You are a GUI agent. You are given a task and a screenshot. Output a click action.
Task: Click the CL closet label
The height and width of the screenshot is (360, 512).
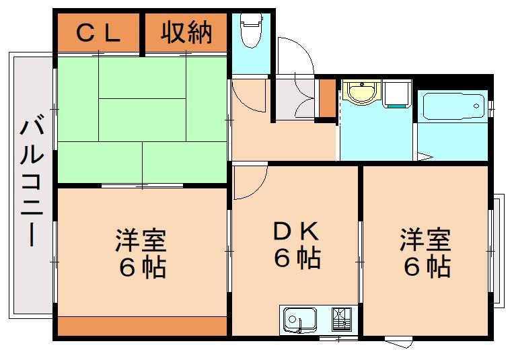click(98, 34)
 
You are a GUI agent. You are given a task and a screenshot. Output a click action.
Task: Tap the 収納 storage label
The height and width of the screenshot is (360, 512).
click(186, 32)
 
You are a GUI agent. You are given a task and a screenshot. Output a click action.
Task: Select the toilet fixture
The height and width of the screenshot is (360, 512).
click(251, 30)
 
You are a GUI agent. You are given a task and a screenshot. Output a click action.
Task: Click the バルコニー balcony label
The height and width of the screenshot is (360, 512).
click(32, 183)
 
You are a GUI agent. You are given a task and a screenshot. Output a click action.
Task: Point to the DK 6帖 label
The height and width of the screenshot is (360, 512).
click(297, 244)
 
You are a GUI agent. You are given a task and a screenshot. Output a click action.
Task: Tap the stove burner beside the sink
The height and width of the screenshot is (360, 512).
click(342, 319)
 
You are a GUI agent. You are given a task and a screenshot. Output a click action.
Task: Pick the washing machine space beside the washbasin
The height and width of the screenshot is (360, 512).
click(396, 94)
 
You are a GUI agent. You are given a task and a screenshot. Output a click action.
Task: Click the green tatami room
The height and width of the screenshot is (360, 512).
click(143, 120)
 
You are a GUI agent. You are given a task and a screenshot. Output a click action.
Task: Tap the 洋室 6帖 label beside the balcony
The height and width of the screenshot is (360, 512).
click(141, 254)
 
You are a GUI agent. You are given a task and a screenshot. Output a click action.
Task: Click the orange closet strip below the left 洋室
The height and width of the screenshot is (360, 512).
click(143, 326)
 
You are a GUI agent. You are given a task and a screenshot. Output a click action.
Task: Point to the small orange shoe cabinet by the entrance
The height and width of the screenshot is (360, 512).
click(328, 98)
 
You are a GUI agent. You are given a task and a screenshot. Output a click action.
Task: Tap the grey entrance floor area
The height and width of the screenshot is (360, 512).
click(295, 98)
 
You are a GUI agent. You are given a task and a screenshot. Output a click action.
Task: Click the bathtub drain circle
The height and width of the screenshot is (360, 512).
click(476, 106)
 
